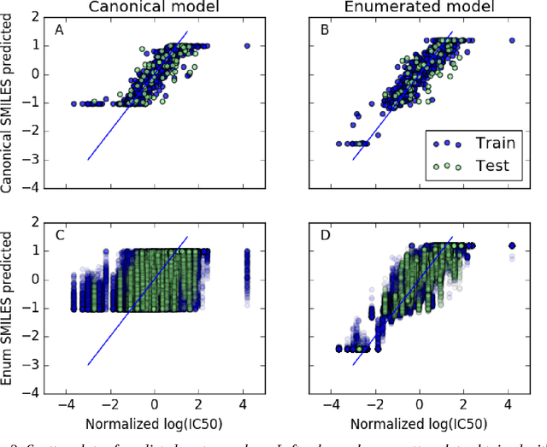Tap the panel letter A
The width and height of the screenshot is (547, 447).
click(x=59, y=30)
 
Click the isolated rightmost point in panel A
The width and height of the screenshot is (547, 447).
click(x=247, y=46)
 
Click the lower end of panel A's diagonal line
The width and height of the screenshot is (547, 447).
click(x=88, y=159)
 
